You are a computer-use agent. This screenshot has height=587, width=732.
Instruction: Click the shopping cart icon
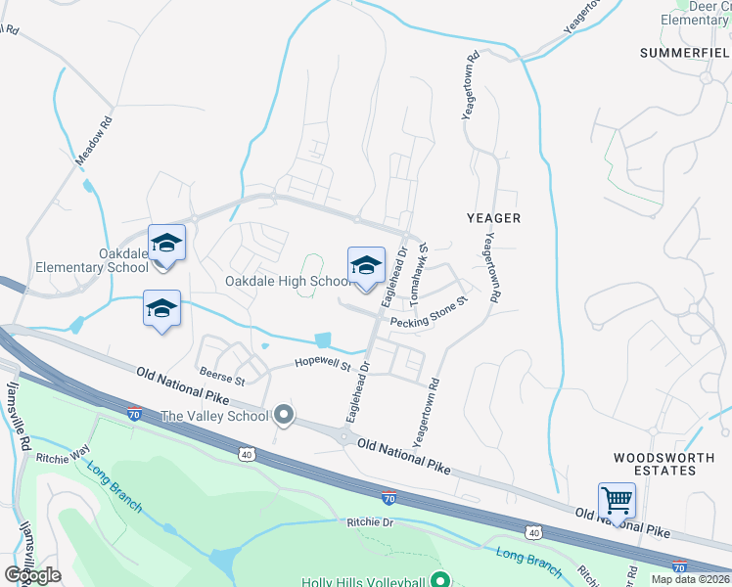point(617,500)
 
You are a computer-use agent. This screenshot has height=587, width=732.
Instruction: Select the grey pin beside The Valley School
point(285,416)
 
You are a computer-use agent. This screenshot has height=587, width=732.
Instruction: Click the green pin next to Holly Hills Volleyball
point(439,579)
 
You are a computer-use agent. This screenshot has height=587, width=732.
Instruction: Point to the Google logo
point(32,575)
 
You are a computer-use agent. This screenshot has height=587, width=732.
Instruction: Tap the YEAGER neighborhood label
point(493,217)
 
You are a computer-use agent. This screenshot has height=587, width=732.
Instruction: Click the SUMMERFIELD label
point(685,52)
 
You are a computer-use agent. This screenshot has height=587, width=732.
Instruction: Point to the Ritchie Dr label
point(369,522)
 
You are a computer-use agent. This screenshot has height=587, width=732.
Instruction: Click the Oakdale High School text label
point(287,282)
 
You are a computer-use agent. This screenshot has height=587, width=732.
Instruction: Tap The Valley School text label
point(214,416)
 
